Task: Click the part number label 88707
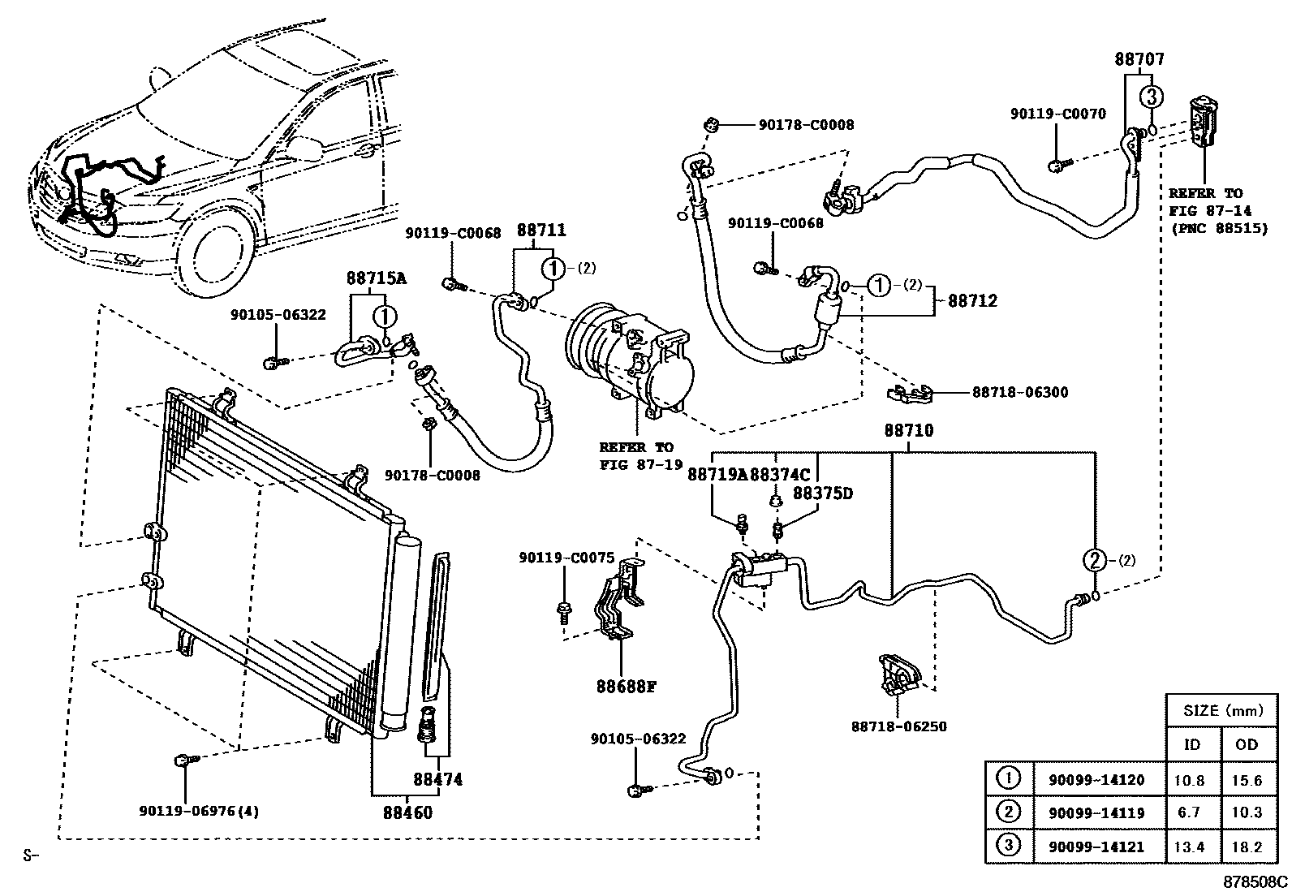click(x=1139, y=59)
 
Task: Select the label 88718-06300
click(x=1020, y=393)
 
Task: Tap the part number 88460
click(x=407, y=812)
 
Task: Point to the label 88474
click(x=437, y=779)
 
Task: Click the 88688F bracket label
click(x=626, y=687)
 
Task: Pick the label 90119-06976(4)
click(x=199, y=811)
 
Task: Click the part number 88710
click(x=908, y=431)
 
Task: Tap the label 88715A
click(x=377, y=278)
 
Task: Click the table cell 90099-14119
click(x=1096, y=812)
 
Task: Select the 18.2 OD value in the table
click(x=1246, y=847)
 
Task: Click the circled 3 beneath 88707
click(x=1151, y=97)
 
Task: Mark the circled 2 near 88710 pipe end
click(x=1095, y=559)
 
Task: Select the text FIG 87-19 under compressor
click(x=636, y=464)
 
